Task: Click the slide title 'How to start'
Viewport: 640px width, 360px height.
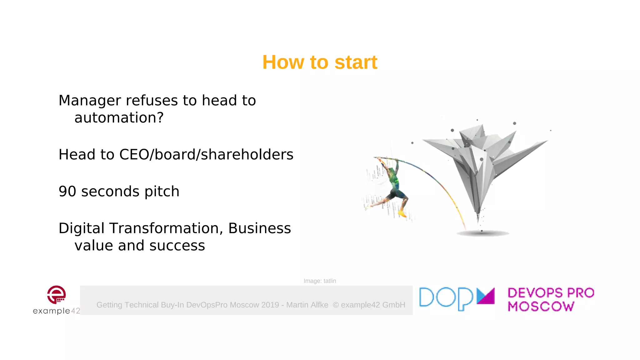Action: pos(320,62)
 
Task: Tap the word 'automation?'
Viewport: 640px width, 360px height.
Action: pos(119,118)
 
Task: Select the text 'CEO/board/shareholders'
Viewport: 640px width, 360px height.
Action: pos(206,155)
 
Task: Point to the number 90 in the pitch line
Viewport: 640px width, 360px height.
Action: pos(67,191)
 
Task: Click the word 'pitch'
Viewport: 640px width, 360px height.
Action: pos(162,192)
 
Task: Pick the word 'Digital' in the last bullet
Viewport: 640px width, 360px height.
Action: pos(81,228)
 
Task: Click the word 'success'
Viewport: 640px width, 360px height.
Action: pos(177,246)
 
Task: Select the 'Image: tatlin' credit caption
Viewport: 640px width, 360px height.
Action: pos(320,281)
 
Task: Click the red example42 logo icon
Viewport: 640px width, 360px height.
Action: pos(57,295)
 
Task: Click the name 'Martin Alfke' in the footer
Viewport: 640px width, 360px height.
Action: pos(307,305)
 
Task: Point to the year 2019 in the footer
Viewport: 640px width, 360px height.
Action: pos(270,305)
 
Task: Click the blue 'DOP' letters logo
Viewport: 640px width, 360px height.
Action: pos(446,298)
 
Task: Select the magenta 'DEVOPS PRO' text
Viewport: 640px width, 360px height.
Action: pos(551,293)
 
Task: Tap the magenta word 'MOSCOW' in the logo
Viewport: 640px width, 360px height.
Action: pos(541,307)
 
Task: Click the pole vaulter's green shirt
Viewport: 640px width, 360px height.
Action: pos(394,179)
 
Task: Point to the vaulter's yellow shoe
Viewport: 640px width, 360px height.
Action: pos(402,214)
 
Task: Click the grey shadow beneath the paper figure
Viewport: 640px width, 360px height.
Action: pos(482,233)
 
